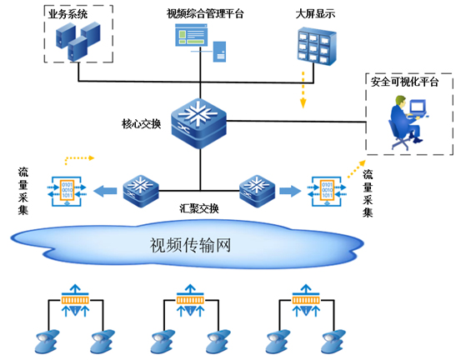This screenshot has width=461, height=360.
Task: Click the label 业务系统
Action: point(68,14)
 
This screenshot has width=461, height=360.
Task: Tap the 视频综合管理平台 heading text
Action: point(205,13)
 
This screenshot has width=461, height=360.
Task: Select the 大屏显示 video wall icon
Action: point(317,46)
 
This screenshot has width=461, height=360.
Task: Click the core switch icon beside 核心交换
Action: point(198,123)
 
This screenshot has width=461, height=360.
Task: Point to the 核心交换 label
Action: point(142,124)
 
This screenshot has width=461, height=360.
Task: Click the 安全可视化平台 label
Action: point(404,82)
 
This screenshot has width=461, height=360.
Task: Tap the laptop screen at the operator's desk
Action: point(418,107)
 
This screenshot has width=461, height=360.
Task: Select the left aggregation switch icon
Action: point(141,192)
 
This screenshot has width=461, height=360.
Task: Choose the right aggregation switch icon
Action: point(258,192)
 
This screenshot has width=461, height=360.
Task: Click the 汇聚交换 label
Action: point(199,208)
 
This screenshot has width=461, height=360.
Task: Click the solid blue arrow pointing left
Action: point(105,192)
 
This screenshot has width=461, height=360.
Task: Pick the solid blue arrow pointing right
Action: point(290,191)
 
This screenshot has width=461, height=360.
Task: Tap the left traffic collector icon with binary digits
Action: point(67,191)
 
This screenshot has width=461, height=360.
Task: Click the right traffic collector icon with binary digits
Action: point(327,191)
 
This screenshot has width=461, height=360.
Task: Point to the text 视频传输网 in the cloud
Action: point(191,245)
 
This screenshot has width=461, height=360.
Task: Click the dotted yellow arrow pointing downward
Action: point(303,90)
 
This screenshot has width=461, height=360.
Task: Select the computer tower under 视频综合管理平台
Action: point(219,52)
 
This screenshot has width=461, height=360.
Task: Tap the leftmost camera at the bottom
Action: point(47,342)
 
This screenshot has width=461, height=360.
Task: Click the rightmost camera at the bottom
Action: point(333,342)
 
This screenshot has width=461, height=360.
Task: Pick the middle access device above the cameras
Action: point(190,300)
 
